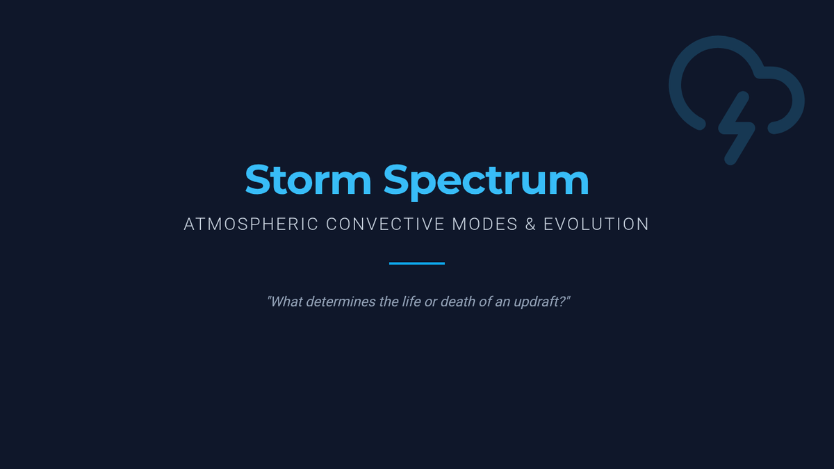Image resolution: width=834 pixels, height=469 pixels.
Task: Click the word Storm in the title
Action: (x=308, y=180)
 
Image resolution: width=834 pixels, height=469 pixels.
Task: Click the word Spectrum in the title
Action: (x=486, y=182)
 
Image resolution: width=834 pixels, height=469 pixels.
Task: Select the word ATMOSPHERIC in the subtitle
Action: (x=251, y=224)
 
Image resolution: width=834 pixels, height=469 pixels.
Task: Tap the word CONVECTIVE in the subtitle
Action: (x=385, y=224)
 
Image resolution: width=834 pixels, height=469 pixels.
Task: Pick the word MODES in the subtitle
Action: (x=485, y=224)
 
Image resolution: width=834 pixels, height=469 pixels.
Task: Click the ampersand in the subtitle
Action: (x=530, y=224)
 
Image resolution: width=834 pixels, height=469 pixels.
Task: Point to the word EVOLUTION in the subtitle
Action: (x=596, y=224)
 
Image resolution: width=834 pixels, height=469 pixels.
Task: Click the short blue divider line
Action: (x=417, y=263)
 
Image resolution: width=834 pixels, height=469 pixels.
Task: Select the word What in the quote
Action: (x=285, y=302)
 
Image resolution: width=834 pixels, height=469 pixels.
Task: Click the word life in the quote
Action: (x=411, y=302)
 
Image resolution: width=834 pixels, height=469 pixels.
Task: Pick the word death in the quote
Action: (x=458, y=302)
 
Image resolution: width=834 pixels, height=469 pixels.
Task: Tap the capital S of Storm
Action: (x=257, y=180)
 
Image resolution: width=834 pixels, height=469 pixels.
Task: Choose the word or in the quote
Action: (x=431, y=303)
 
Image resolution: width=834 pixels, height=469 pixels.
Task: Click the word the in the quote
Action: (x=389, y=302)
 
